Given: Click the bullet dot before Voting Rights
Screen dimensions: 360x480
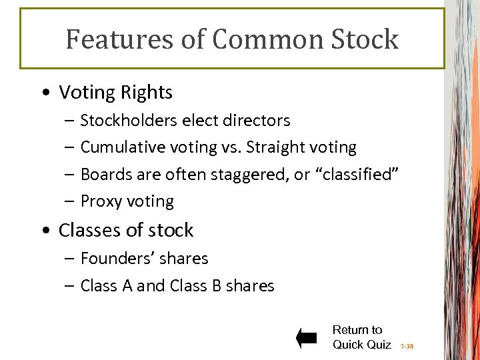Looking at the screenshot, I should point(44,93).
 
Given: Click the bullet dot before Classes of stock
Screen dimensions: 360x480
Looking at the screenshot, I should point(44,231).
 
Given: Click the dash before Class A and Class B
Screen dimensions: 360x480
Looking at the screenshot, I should point(70,286).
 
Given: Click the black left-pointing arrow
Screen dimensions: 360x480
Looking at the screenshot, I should point(307,338).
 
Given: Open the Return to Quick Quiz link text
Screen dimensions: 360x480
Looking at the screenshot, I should point(361,337).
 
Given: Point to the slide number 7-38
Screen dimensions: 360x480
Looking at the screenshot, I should point(407,347).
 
